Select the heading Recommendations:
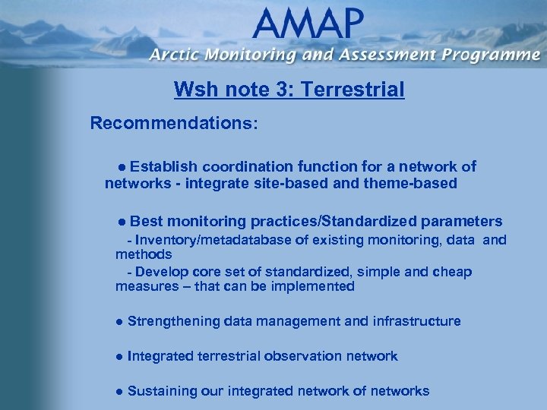(174, 123)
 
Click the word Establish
(168, 166)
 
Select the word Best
(146, 221)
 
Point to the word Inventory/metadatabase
(211, 241)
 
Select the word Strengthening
(174, 321)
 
